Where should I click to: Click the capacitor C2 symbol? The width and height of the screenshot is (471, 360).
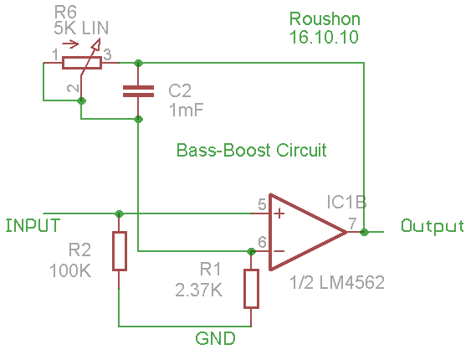click(138, 91)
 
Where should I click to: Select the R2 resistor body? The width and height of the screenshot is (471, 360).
click(120, 251)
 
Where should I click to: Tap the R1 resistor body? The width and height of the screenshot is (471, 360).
click(251, 289)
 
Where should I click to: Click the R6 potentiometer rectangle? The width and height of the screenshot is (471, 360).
click(82, 63)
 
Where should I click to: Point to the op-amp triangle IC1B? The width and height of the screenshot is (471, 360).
click(306, 232)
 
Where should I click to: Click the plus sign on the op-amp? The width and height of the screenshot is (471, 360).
click(279, 213)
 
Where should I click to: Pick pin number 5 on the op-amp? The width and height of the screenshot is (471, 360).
click(262, 204)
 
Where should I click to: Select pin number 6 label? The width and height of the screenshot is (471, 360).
click(262, 242)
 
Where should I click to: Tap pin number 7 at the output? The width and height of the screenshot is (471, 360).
click(352, 223)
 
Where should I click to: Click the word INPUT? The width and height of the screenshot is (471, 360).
click(33, 225)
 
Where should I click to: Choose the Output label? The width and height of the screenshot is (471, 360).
click(433, 226)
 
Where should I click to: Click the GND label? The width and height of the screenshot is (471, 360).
click(215, 339)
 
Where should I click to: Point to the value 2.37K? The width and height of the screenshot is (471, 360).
click(199, 291)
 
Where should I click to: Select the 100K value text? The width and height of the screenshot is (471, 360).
click(70, 270)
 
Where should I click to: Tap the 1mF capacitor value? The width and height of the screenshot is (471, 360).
click(187, 110)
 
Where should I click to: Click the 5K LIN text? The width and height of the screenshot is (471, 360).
click(81, 28)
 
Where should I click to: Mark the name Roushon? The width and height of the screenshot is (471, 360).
click(325, 19)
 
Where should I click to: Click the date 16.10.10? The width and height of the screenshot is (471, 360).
click(324, 37)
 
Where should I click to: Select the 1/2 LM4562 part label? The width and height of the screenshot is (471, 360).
click(337, 282)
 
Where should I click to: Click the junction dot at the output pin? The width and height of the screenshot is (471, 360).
click(365, 232)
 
